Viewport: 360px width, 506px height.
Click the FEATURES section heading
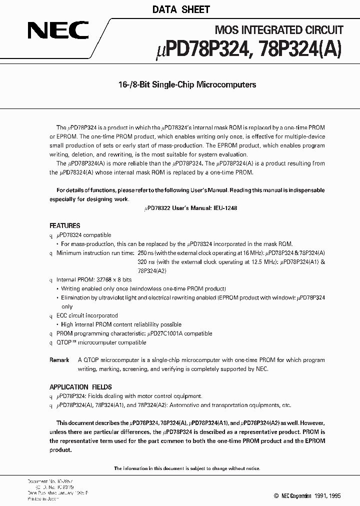(64, 225)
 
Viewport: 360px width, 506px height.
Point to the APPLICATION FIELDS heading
(80, 387)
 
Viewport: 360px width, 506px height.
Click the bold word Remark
(59, 360)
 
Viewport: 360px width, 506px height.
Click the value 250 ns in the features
(146, 253)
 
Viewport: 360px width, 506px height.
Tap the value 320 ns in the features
(146, 261)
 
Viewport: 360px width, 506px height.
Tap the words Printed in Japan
(44, 498)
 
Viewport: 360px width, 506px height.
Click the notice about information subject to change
(186, 468)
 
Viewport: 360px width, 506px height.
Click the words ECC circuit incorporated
(87, 315)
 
